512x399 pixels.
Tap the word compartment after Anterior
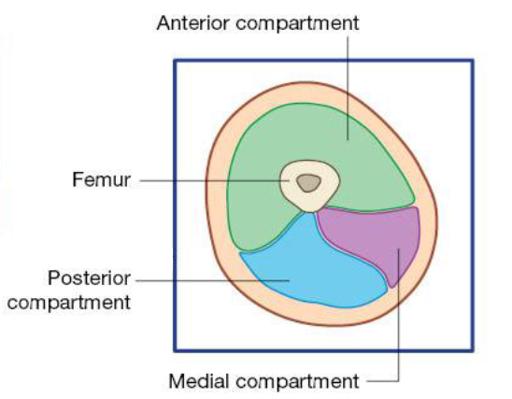point(297,24)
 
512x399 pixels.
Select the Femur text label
point(101,179)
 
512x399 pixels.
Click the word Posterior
point(89,278)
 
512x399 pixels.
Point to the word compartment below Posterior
point(69,304)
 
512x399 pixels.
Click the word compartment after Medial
point(297,382)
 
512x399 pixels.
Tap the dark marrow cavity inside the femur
point(308,183)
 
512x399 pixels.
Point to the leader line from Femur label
point(215,180)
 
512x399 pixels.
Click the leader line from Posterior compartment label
point(213,280)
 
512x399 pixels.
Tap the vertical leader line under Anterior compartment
point(348,88)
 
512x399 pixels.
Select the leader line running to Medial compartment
point(398,326)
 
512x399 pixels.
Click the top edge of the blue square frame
point(323,60)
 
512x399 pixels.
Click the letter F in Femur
point(78,179)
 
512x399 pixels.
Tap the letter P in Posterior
point(54,278)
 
